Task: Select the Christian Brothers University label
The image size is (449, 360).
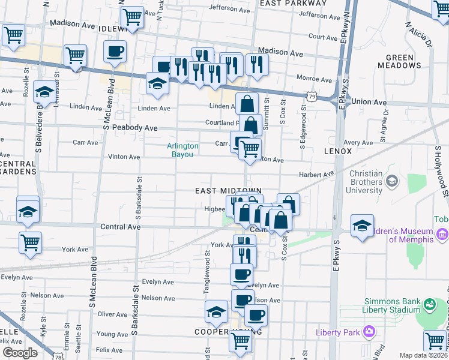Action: coord(357,182)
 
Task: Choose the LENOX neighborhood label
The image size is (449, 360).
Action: coord(337,151)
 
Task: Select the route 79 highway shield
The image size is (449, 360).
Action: coord(310,95)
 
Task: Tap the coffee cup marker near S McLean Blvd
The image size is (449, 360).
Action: coord(115,52)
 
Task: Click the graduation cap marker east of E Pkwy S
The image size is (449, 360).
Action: coord(362,226)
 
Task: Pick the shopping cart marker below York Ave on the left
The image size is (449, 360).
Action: coord(30,242)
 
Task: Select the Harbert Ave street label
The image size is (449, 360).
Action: coord(316,175)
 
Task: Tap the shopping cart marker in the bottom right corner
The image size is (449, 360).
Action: coord(435,341)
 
